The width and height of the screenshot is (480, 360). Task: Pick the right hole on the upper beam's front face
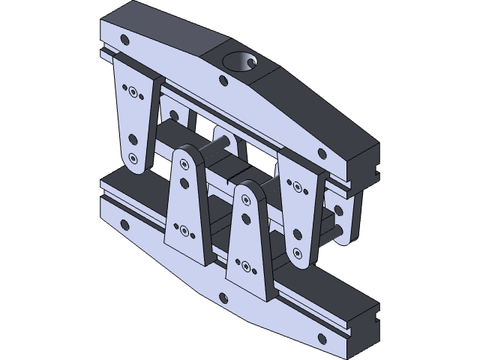(322, 153)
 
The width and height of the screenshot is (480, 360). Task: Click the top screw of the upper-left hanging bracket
(133, 93)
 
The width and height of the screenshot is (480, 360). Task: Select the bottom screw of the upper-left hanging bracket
(133, 158)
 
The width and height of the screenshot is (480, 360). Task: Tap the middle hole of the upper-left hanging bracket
(133, 138)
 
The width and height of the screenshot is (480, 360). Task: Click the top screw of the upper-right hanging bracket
(298, 186)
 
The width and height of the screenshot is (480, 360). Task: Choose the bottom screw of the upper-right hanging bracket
(298, 250)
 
